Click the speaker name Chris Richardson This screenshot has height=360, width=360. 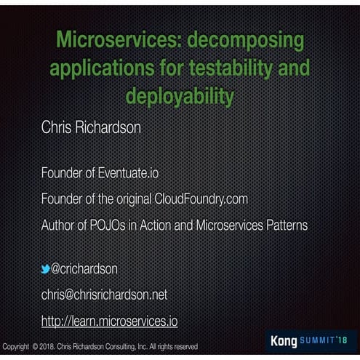[91, 127]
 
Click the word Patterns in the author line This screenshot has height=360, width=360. [279, 225]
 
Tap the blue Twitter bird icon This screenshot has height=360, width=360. [46, 269]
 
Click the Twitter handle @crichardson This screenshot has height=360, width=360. [84, 269]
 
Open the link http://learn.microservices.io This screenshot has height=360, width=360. [109, 320]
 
